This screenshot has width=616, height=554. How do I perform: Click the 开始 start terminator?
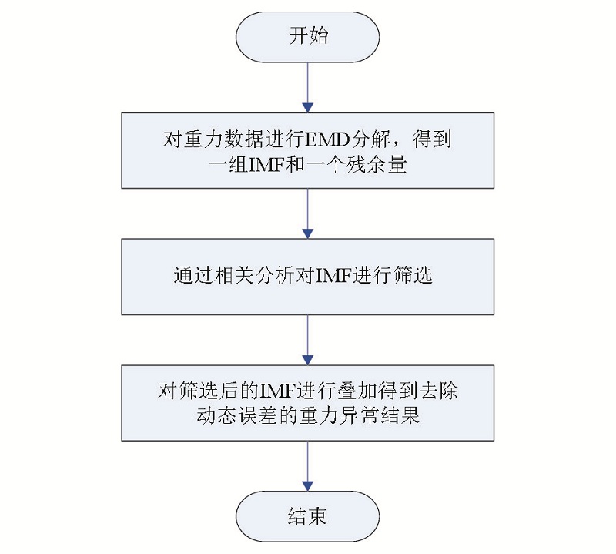pyautogui.click(x=307, y=37)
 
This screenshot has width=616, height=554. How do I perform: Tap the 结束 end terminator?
pyautogui.click(x=307, y=516)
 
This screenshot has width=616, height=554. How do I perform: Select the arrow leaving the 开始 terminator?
pyautogui.click(x=307, y=87)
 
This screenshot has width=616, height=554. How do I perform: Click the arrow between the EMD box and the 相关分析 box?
pyautogui.click(x=307, y=213)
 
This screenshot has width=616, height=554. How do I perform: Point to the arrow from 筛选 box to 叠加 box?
pyautogui.click(x=307, y=340)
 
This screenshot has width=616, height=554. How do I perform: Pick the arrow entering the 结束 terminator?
pyautogui.click(x=307, y=466)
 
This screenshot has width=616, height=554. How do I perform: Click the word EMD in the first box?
pyautogui.click(x=326, y=139)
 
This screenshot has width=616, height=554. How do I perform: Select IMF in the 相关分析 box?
pyautogui.click(x=333, y=276)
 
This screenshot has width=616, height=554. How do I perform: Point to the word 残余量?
pyautogui.click(x=376, y=164)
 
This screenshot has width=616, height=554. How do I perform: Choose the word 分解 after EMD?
pyautogui.click(x=370, y=139)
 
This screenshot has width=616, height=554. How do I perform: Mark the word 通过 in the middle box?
pyautogui.click(x=194, y=276)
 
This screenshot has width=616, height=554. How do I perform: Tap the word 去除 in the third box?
pyautogui.click(x=438, y=391)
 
